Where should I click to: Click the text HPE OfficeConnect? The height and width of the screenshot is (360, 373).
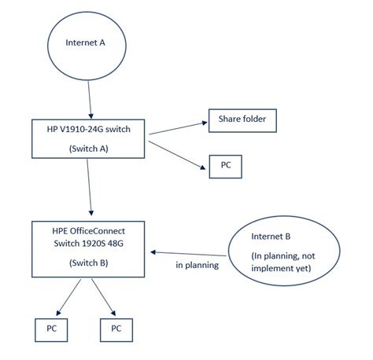(89, 230)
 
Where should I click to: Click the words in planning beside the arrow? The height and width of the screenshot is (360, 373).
(198, 266)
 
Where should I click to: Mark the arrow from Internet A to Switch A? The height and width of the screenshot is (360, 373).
(90, 99)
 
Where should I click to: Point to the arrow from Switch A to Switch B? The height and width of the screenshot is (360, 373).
(93, 187)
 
